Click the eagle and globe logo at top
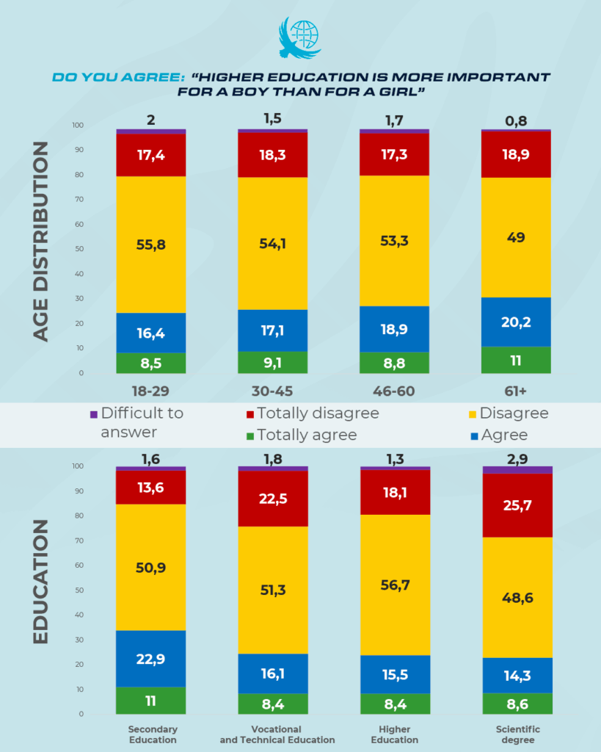(299, 38)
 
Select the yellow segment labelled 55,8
(150, 245)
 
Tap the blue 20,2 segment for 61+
(517, 322)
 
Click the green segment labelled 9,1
(272, 362)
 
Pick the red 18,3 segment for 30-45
(272, 155)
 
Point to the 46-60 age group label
(394, 391)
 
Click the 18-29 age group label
(150, 391)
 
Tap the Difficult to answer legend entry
(136, 422)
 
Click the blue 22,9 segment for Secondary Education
(150, 659)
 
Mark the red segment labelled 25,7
(517, 506)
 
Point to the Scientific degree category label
(517, 734)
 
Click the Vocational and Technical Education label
(277, 734)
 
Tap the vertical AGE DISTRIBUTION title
(42, 242)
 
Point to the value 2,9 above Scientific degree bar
(517, 459)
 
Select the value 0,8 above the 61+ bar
(517, 120)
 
